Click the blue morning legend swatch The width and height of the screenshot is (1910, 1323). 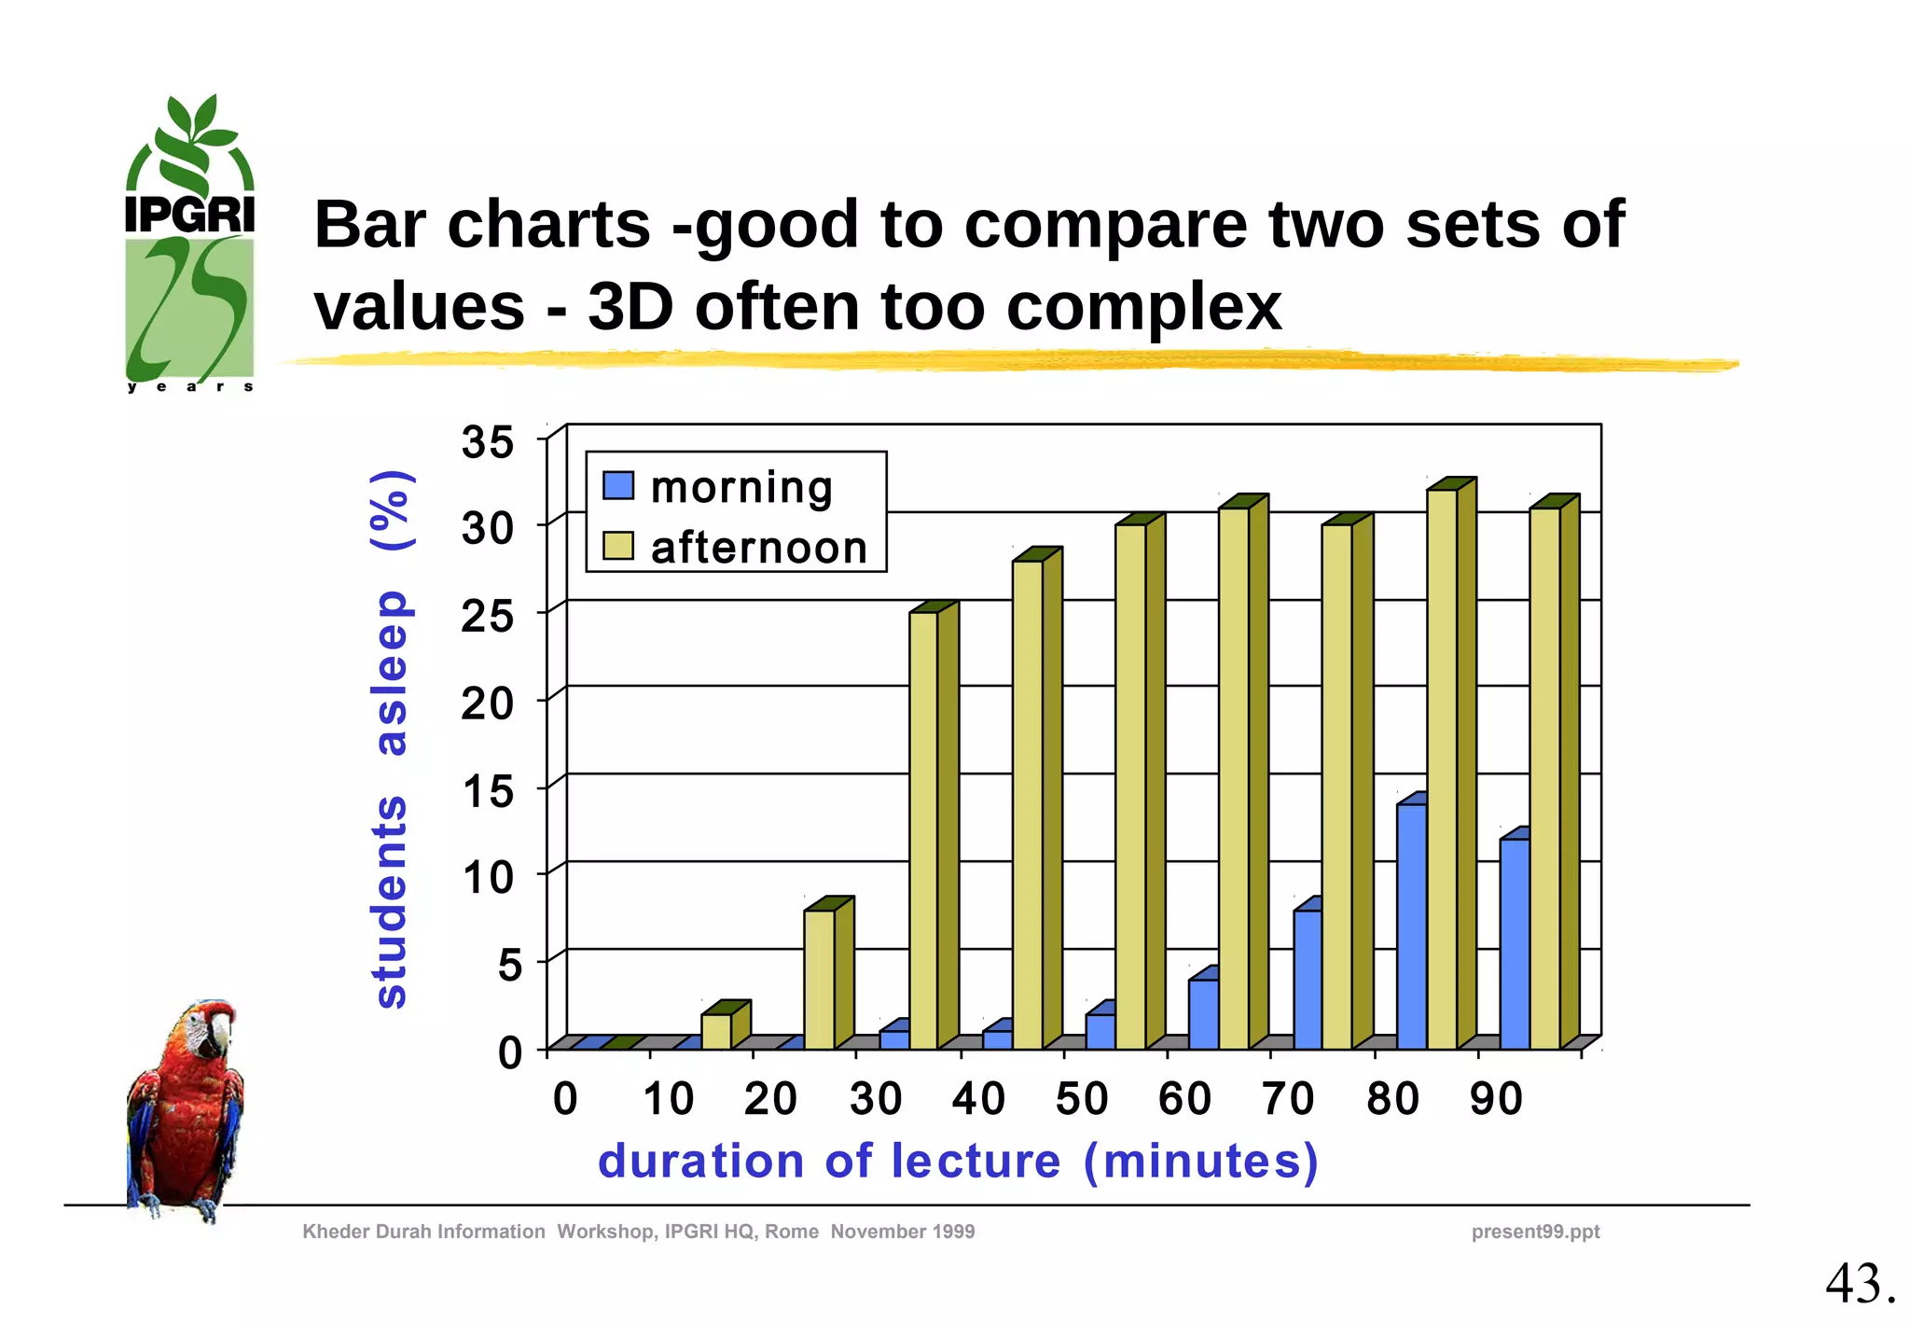pyautogui.click(x=618, y=485)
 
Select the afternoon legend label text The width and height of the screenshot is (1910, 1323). pyautogui.click(x=759, y=548)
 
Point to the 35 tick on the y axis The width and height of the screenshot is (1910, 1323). pyautogui.click(x=487, y=441)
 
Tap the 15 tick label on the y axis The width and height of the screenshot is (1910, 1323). pyautogui.click(x=487, y=791)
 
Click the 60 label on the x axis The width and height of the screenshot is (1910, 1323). pyautogui.click(x=1184, y=1098)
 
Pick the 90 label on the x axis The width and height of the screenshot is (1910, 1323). pyautogui.click(x=1496, y=1098)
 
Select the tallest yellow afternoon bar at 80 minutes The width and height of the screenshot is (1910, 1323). pyautogui.click(x=1442, y=765)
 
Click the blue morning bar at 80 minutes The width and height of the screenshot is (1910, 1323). pyautogui.click(x=1411, y=924)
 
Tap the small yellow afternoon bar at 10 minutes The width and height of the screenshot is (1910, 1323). pyautogui.click(x=716, y=1030)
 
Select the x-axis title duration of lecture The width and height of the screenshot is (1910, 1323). pyautogui.click(x=958, y=1162)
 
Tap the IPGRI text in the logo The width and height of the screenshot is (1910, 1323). pyautogui.click(x=190, y=215)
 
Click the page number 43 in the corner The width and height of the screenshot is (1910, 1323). pyautogui.click(x=1859, y=1284)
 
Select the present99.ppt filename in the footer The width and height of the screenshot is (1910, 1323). pyautogui.click(x=1535, y=1232)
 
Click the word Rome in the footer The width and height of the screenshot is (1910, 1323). pyautogui.click(x=792, y=1232)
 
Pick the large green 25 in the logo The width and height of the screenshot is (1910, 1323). pyautogui.click(x=190, y=308)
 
